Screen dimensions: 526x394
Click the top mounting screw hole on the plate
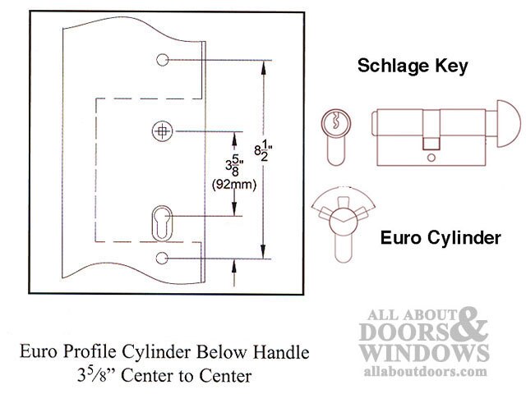(x=163, y=60)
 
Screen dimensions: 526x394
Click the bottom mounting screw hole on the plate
(x=162, y=259)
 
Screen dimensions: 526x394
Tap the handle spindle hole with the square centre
(x=163, y=131)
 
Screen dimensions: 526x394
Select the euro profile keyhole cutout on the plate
(x=162, y=223)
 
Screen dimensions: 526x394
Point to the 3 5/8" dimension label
(x=234, y=166)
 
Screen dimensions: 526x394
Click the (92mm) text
(x=234, y=184)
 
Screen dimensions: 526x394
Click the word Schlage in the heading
(x=393, y=66)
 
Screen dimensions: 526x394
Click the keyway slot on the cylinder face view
(x=335, y=121)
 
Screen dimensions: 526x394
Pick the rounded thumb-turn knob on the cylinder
(x=509, y=124)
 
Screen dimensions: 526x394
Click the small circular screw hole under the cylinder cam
(x=431, y=158)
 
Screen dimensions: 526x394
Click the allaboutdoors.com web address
(x=425, y=371)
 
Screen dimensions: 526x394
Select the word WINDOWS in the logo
(x=424, y=353)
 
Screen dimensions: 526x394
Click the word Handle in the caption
(x=281, y=352)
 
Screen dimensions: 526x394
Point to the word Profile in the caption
(x=90, y=352)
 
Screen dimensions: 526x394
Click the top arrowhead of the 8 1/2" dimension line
(x=264, y=67)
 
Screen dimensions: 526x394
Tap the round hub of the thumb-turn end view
(x=344, y=220)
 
